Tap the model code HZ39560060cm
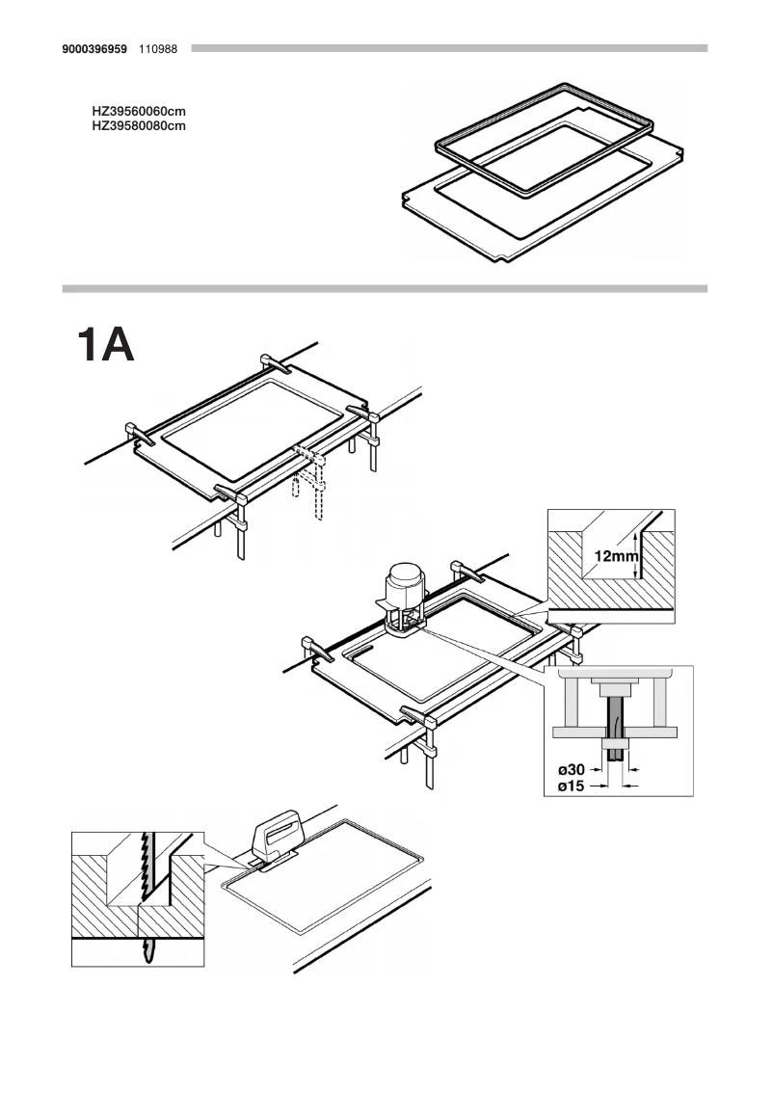(x=139, y=113)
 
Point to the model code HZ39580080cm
(x=139, y=125)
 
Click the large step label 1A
(x=106, y=345)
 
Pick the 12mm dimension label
(x=616, y=556)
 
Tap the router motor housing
(x=405, y=585)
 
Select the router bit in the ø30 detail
(x=613, y=718)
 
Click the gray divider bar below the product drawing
(x=386, y=288)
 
